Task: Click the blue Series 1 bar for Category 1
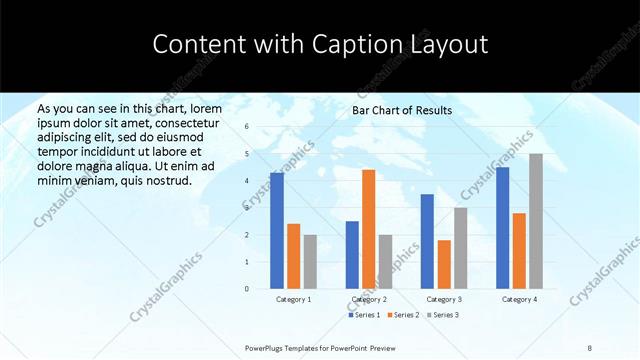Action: coord(277,231)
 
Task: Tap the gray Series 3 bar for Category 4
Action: coord(536,221)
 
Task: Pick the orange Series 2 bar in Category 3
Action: coord(444,264)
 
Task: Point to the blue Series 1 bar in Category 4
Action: coord(502,228)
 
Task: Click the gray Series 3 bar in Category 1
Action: coord(310,262)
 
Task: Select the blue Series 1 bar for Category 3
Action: coord(427,241)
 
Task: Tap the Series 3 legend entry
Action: coord(443,315)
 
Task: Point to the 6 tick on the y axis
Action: coord(247,127)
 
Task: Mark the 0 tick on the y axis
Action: coord(247,289)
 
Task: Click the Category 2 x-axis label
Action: coord(369,299)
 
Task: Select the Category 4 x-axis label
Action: coord(519,299)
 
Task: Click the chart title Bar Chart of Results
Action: coord(402,110)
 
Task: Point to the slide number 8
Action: coord(590,347)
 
